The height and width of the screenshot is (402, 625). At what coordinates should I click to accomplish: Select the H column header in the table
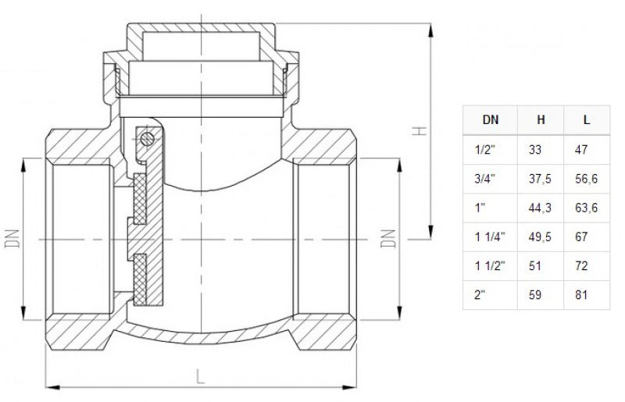tap(541, 121)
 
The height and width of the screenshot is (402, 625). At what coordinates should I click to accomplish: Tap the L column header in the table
tap(587, 121)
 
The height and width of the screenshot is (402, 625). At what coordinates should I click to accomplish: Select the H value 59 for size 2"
tap(534, 295)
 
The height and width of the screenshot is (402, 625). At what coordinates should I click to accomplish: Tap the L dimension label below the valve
tap(201, 377)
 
